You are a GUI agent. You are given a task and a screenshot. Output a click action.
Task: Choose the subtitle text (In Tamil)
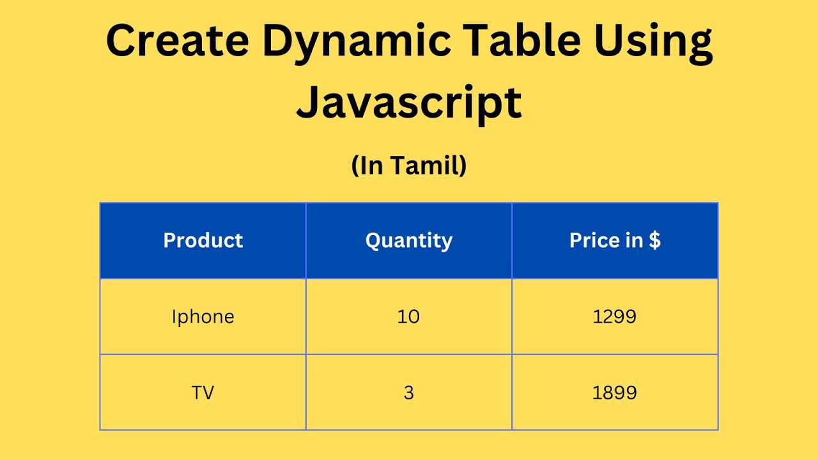point(409,166)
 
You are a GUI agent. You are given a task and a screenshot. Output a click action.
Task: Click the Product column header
point(203,240)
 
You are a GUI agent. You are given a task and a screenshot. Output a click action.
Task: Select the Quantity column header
point(409,241)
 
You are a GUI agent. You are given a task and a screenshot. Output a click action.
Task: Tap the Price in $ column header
point(615,240)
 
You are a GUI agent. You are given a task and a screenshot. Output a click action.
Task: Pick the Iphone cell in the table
point(203,317)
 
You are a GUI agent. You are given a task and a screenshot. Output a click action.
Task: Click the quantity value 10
point(409,316)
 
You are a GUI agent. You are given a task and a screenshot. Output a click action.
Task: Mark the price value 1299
point(615,316)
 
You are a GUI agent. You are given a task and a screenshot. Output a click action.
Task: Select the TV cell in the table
point(203,392)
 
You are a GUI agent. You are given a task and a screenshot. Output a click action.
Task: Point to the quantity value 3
point(409,392)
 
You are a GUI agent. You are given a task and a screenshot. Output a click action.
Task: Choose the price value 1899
point(615,392)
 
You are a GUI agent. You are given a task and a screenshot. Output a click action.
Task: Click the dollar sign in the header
point(654,240)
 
